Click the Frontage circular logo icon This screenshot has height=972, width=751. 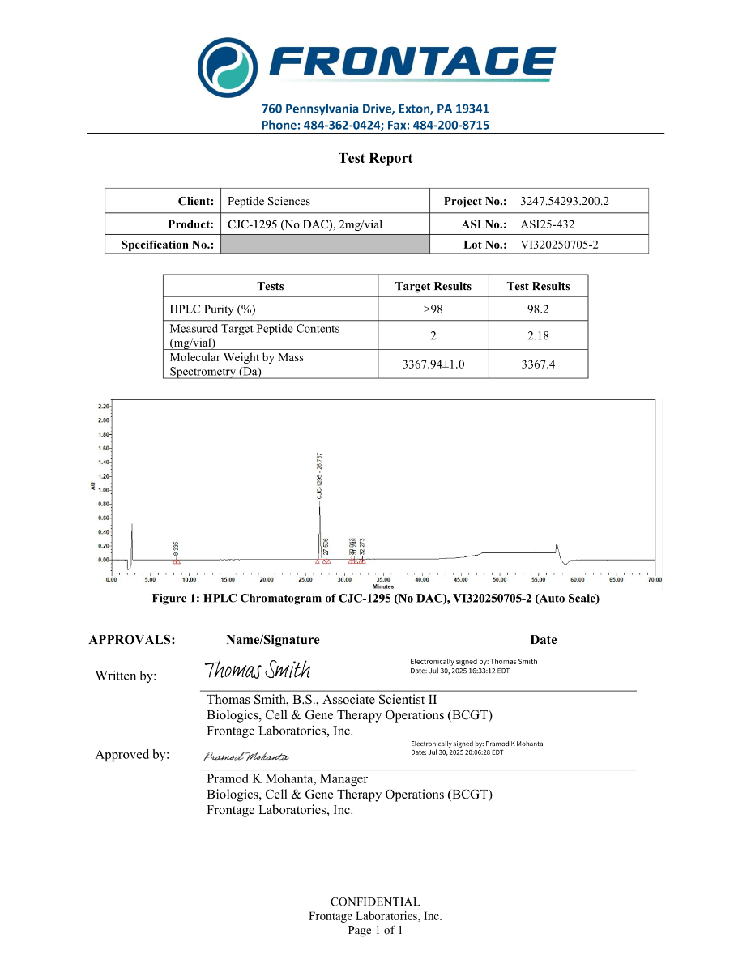pos(228,66)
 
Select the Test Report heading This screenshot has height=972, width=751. pos(375,159)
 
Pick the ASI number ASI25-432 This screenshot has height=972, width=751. pos(548,224)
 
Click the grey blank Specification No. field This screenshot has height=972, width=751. pos(324,245)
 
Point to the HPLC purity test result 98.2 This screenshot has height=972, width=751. pos(538,309)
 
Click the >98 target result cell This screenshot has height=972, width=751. pos(433,309)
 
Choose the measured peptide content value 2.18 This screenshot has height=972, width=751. pos(538,335)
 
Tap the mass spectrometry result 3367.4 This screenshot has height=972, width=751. pos(538,364)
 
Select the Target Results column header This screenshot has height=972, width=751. pos(433,286)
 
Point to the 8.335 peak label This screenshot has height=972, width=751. pos(177,548)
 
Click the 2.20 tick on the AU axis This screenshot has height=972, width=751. pos(103,406)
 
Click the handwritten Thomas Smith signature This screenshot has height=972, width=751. pos(258,671)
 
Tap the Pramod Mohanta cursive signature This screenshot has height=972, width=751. pos(246,757)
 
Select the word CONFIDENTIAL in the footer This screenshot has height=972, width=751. pos(375,902)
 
